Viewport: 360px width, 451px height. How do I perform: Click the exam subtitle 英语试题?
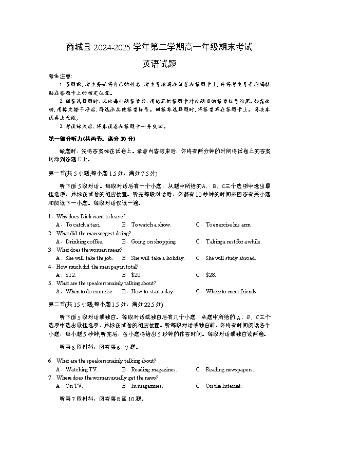click(159, 64)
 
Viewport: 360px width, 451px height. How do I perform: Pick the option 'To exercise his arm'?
click(228, 224)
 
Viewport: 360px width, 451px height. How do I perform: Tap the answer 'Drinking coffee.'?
click(84, 241)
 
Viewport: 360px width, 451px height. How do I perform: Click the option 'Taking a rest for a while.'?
click(233, 241)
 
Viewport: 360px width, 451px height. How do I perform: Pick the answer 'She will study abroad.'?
click(231, 258)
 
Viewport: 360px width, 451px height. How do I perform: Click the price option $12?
click(71, 275)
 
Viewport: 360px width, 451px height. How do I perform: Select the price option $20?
click(136, 275)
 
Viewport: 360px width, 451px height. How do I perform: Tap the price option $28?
click(211, 275)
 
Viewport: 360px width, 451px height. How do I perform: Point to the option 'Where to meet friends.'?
click(231, 291)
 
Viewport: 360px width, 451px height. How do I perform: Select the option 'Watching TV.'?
click(82, 369)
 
